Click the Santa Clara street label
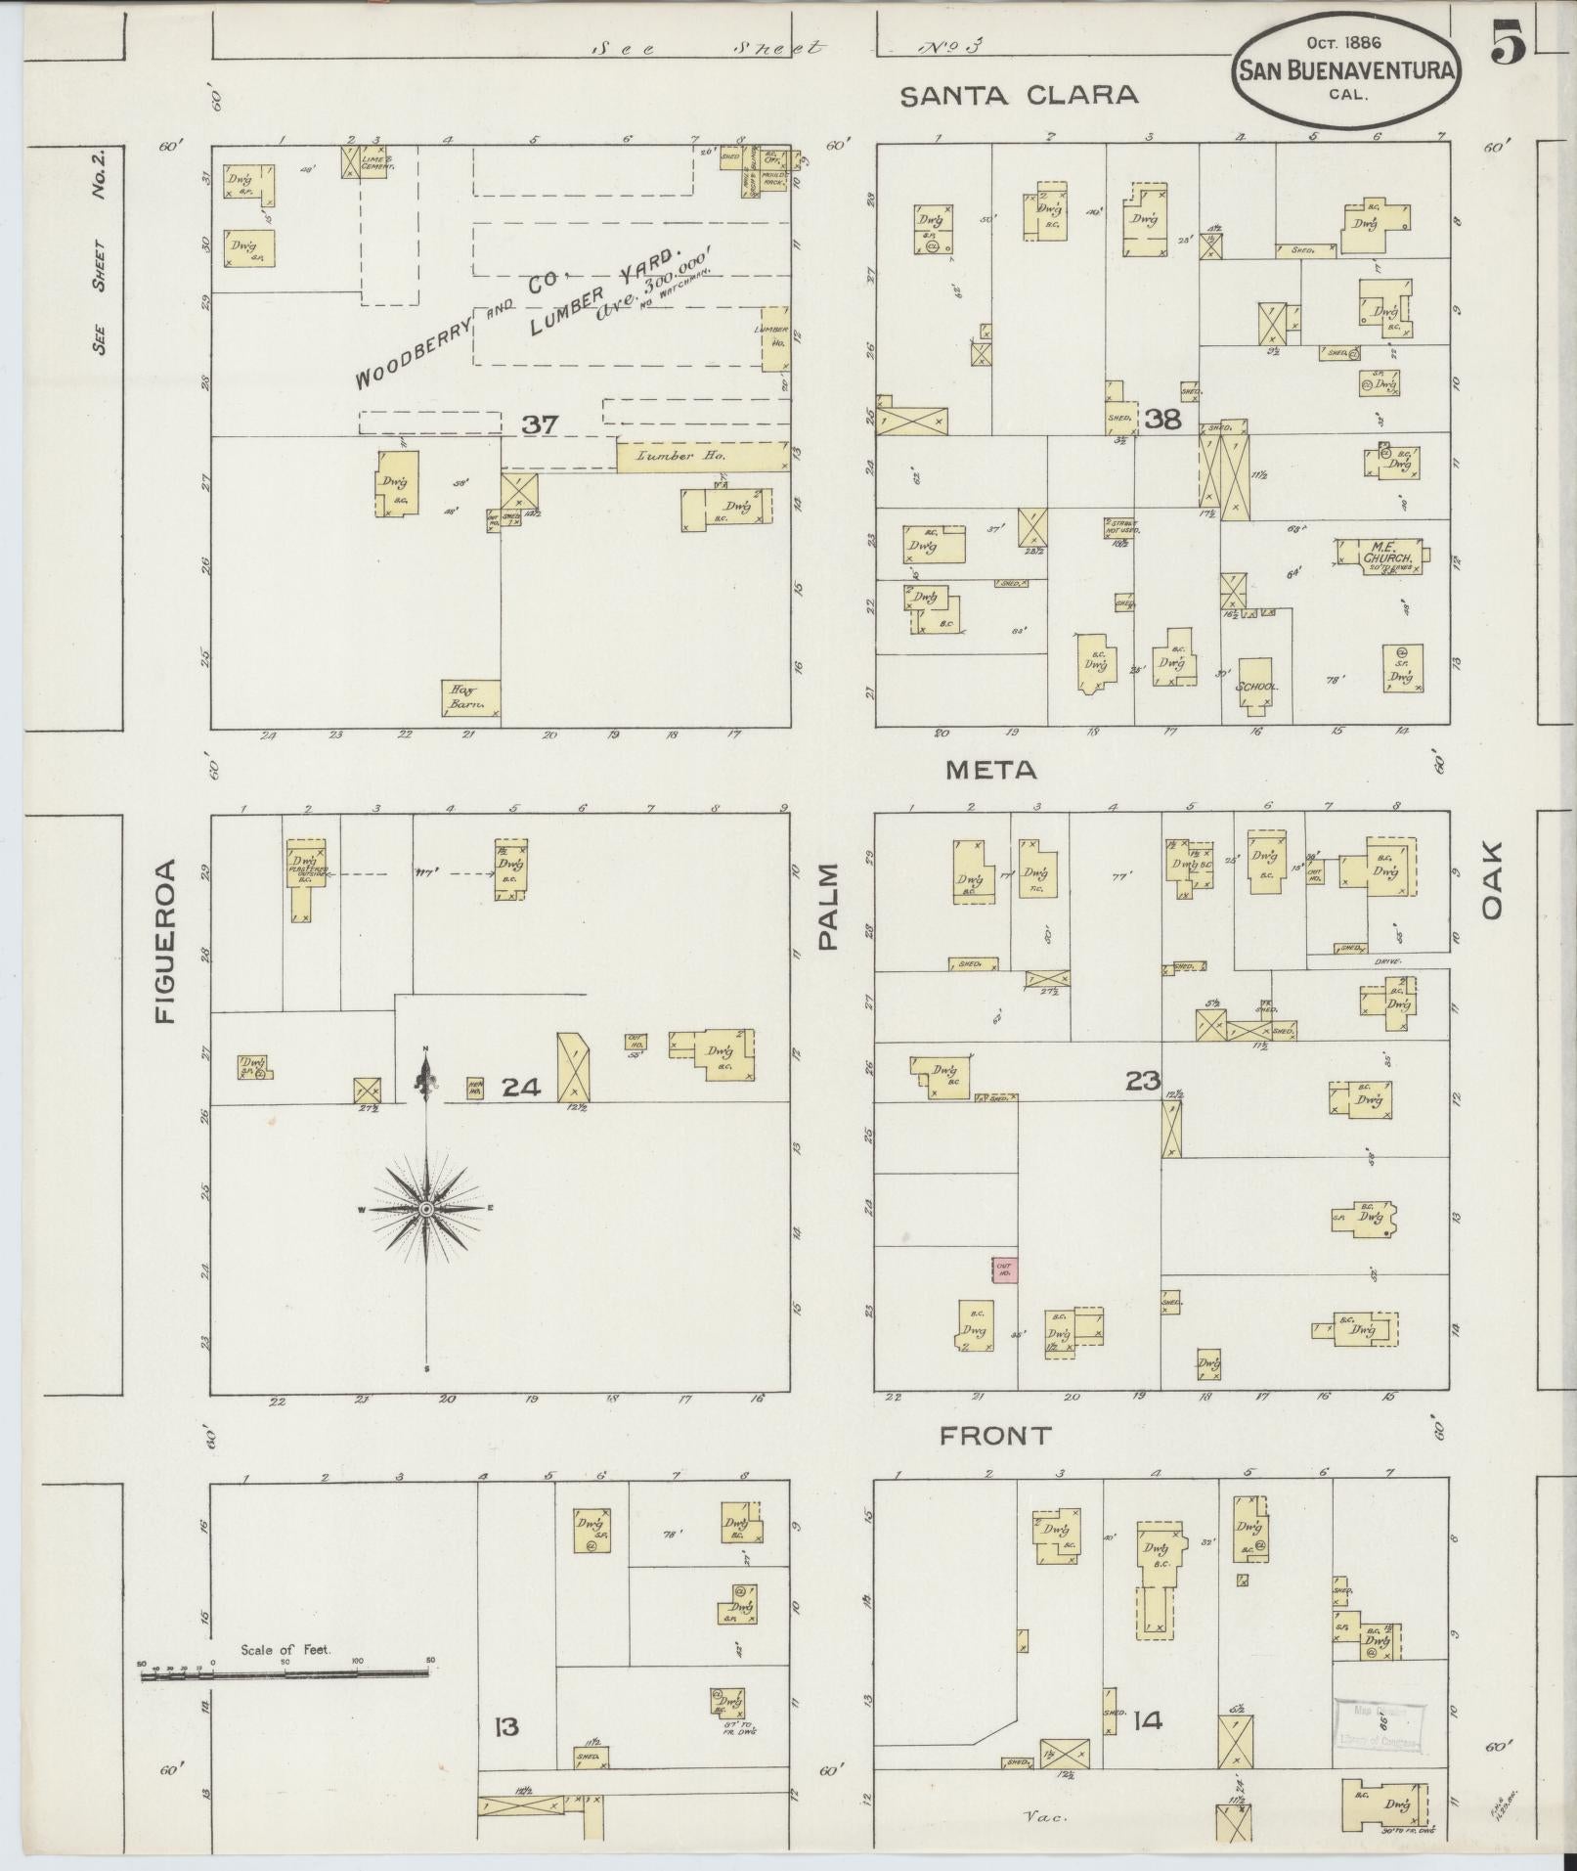[x=1019, y=95]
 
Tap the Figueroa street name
[x=165, y=941]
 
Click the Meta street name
[x=990, y=771]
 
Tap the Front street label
[x=994, y=1436]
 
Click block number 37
[x=539, y=424]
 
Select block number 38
[x=1162, y=421]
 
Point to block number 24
[x=521, y=1087]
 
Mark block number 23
[x=1142, y=1081]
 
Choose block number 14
[x=1147, y=1720]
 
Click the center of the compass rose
[x=426, y=1210]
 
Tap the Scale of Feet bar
[x=285, y=1674]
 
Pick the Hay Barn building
[x=470, y=697]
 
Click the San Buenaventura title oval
[x=1348, y=69]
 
